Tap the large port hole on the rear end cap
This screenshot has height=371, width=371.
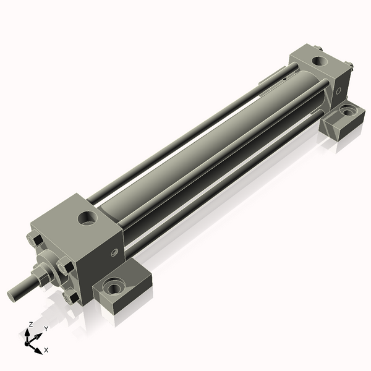click(321, 62)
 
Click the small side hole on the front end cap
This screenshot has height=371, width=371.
click(114, 252)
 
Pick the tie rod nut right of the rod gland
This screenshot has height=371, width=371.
click(64, 268)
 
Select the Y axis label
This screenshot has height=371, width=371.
click(46, 329)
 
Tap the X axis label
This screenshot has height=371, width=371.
click(46, 350)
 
